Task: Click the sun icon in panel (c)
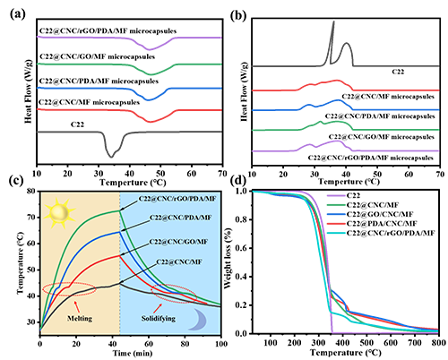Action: click(59, 212)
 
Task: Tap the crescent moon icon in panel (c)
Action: click(198, 320)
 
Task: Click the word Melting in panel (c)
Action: click(80, 319)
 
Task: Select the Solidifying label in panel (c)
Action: click(159, 319)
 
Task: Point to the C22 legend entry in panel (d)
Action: click(353, 195)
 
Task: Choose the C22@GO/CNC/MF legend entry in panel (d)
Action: click(380, 214)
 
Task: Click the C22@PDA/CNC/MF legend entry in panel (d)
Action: click(382, 223)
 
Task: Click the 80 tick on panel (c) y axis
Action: click(30, 191)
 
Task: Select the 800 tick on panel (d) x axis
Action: click(438, 342)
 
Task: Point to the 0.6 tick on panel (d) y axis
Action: click(241, 248)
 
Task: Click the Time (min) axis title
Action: click(133, 354)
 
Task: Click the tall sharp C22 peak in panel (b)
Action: click(333, 21)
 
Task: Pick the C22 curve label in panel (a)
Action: click(77, 124)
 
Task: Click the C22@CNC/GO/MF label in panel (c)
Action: click(178, 242)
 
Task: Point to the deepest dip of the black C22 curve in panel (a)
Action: click(111, 157)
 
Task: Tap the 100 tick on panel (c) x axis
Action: click(221, 344)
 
